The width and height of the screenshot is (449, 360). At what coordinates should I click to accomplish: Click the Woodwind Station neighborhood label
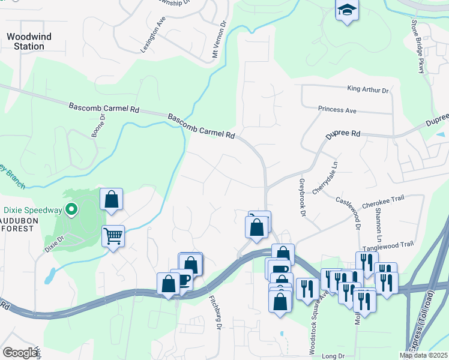click(x=29, y=41)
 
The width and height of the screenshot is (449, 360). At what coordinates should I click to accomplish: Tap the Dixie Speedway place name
click(x=34, y=210)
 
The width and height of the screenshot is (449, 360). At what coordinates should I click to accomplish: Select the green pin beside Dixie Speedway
click(x=71, y=210)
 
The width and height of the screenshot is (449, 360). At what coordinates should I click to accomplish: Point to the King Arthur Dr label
click(x=368, y=89)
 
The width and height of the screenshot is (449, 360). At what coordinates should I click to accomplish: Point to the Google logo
click(x=20, y=353)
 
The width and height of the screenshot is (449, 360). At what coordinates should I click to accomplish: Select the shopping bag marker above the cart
click(x=112, y=199)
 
